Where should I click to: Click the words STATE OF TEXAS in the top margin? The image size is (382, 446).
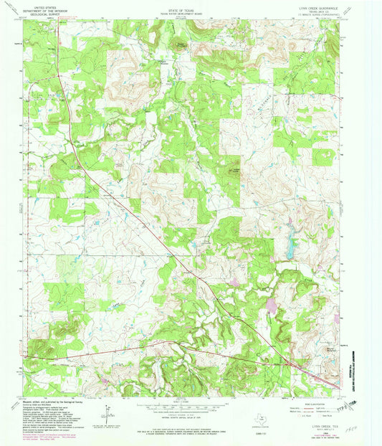coord(190,6)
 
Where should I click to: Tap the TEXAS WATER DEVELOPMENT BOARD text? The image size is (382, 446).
coord(190,9)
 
